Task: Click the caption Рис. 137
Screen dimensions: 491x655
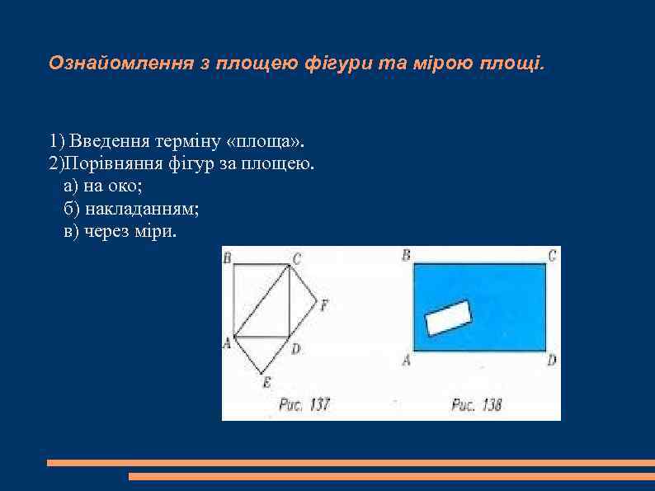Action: pyautogui.click(x=304, y=404)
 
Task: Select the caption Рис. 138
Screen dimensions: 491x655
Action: pyautogui.click(x=477, y=404)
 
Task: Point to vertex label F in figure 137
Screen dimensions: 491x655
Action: pyautogui.click(x=323, y=305)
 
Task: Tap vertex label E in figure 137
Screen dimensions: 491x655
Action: pyautogui.click(x=266, y=381)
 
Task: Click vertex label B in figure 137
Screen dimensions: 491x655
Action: pyautogui.click(x=227, y=257)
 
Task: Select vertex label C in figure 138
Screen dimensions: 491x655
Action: pyautogui.click(x=552, y=255)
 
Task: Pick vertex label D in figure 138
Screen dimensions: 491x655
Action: pyautogui.click(x=552, y=360)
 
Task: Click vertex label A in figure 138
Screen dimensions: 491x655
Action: pyautogui.click(x=406, y=360)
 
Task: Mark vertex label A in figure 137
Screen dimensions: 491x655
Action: pyautogui.click(x=227, y=342)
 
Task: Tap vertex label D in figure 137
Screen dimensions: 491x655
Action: pyautogui.click(x=295, y=349)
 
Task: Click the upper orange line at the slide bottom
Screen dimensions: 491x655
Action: pyautogui.click(x=350, y=463)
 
